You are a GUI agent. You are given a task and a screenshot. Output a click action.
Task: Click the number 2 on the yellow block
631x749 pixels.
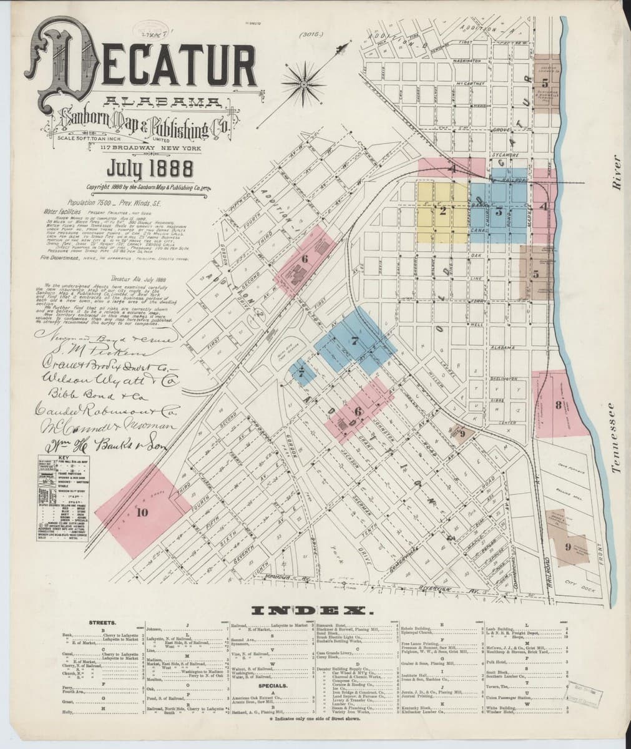click(443, 210)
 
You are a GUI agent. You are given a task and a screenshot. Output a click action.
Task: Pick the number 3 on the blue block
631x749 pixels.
click(499, 210)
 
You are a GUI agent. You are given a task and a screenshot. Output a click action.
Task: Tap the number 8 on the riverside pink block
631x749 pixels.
click(557, 405)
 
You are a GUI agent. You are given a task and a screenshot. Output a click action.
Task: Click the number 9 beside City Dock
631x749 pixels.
click(567, 547)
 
